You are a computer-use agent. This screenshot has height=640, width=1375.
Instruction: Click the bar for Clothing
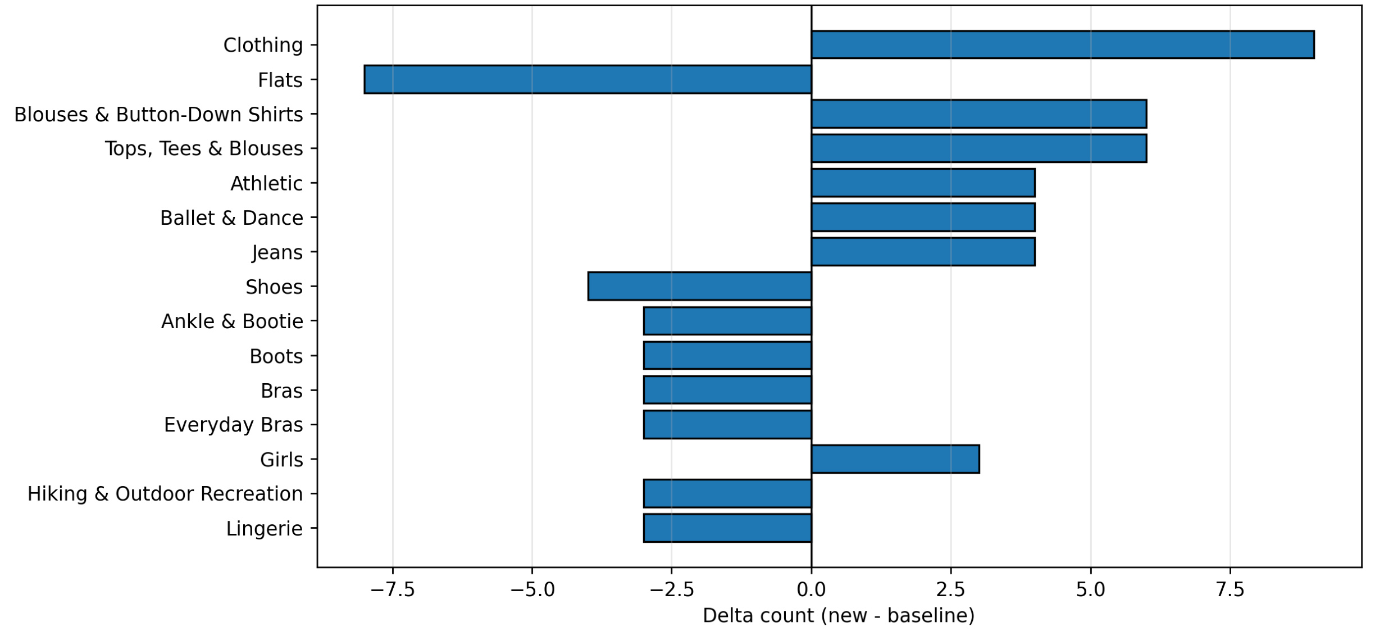[1062, 45]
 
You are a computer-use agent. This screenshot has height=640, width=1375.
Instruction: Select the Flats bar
[588, 79]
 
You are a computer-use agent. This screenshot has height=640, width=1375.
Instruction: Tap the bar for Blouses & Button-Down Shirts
[978, 114]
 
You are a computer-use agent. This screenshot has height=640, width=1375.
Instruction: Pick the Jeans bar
[923, 252]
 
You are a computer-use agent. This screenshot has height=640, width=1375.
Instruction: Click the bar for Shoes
[699, 287]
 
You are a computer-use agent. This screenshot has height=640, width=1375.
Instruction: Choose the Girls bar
[895, 459]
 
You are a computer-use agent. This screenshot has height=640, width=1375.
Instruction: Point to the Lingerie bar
[727, 528]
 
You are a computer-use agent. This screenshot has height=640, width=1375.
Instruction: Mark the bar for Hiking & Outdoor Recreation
[727, 493]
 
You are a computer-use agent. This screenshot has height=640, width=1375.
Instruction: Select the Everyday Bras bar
[727, 424]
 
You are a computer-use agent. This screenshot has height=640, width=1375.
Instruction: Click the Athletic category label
[266, 184]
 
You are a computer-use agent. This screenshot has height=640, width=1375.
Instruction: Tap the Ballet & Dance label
[231, 218]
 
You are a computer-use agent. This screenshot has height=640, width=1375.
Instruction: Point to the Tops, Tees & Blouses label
[204, 149]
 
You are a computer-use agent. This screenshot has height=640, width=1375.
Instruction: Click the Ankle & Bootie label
[232, 321]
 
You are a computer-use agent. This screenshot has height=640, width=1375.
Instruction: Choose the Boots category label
[276, 356]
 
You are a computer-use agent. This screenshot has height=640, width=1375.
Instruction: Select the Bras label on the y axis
[281, 391]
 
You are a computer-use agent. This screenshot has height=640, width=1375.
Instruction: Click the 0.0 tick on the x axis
[811, 589]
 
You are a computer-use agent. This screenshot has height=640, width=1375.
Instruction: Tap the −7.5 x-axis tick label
[393, 589]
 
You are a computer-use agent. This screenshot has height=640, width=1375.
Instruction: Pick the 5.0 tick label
[1091, 589]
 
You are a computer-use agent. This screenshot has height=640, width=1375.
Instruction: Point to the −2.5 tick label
[672, 589]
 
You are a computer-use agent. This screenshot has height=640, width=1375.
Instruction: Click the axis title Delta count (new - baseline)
[839, 616]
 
